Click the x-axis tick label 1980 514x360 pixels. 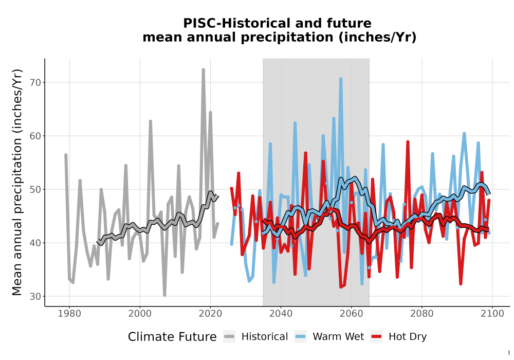pyautogui.click(x=69, y=314)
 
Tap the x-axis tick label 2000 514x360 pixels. pyautogui.click(x=140, y=314)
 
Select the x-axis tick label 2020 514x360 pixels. pyautogui.click(x=210, y=314)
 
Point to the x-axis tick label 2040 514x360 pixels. pyautogui.click(x=281, y=314)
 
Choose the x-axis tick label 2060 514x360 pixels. pyautogui.click(x=352, y=314)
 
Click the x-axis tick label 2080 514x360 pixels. pyautogui.click(x=422, y=314)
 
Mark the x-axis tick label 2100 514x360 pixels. pyautogui.click(x=492, y=314)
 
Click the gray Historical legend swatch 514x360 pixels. pyautogui.click(x=229, y=337)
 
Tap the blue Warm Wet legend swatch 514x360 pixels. pyautogui.click(x=300, y=337)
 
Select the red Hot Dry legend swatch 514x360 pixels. pyautogui.click(x=376, y=337)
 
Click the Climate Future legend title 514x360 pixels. pyautogui.click(x=172, y=337)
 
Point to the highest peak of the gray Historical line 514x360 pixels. pyautogui.click(x=203, y=69)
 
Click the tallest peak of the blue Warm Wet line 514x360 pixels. pyautogui.click(x=341, y=79)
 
